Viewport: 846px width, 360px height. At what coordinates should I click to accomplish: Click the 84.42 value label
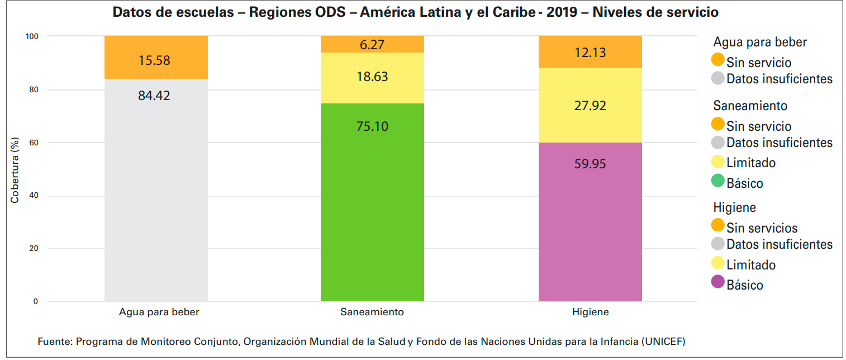pyautogui.click(x=154, y=96)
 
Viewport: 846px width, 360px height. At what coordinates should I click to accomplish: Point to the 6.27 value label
pyautogui.click(x=372, y=45)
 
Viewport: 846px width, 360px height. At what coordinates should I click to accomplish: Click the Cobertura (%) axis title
pyautogui.click(x=15, y=169)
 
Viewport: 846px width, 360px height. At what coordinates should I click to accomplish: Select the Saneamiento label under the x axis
pyautogui.click(x=372, y=312)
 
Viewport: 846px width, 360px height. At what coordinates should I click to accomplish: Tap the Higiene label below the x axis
pyautogui.click(x=590, y=312)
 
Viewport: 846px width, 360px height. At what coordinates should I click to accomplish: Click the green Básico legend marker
pyautogui.click(x=718, y=181)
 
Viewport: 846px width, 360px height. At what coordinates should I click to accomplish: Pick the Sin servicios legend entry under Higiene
pyautogui.click(x=762, y=228)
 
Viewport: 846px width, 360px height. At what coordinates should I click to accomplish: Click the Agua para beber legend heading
pyautogui.click(x=760, y=42)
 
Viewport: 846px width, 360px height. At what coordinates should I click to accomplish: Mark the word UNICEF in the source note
pyautogui.click(x=664, y=341)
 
